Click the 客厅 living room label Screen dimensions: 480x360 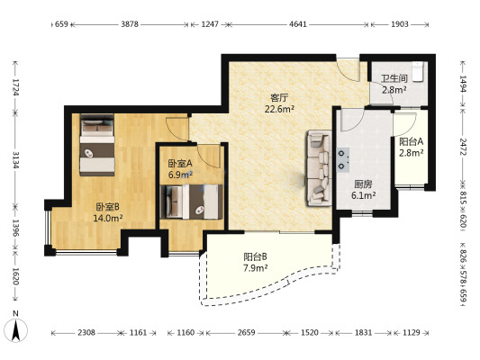279,98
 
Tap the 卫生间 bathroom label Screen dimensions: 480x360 394,78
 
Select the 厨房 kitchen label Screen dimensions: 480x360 363,184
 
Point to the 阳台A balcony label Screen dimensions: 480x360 412,141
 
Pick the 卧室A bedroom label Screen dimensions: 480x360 180,163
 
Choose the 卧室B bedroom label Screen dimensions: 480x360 107,207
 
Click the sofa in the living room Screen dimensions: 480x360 320,167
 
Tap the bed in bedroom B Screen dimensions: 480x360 97,145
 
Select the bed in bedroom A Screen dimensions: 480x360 191,202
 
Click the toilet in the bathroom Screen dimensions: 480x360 417,72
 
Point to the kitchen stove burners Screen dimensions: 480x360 343,159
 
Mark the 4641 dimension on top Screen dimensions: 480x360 298,24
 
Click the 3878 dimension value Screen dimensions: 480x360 130,24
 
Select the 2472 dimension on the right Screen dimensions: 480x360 462,147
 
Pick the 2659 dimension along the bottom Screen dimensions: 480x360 247,332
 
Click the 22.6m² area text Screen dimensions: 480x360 279,109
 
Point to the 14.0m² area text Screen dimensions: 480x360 108,218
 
